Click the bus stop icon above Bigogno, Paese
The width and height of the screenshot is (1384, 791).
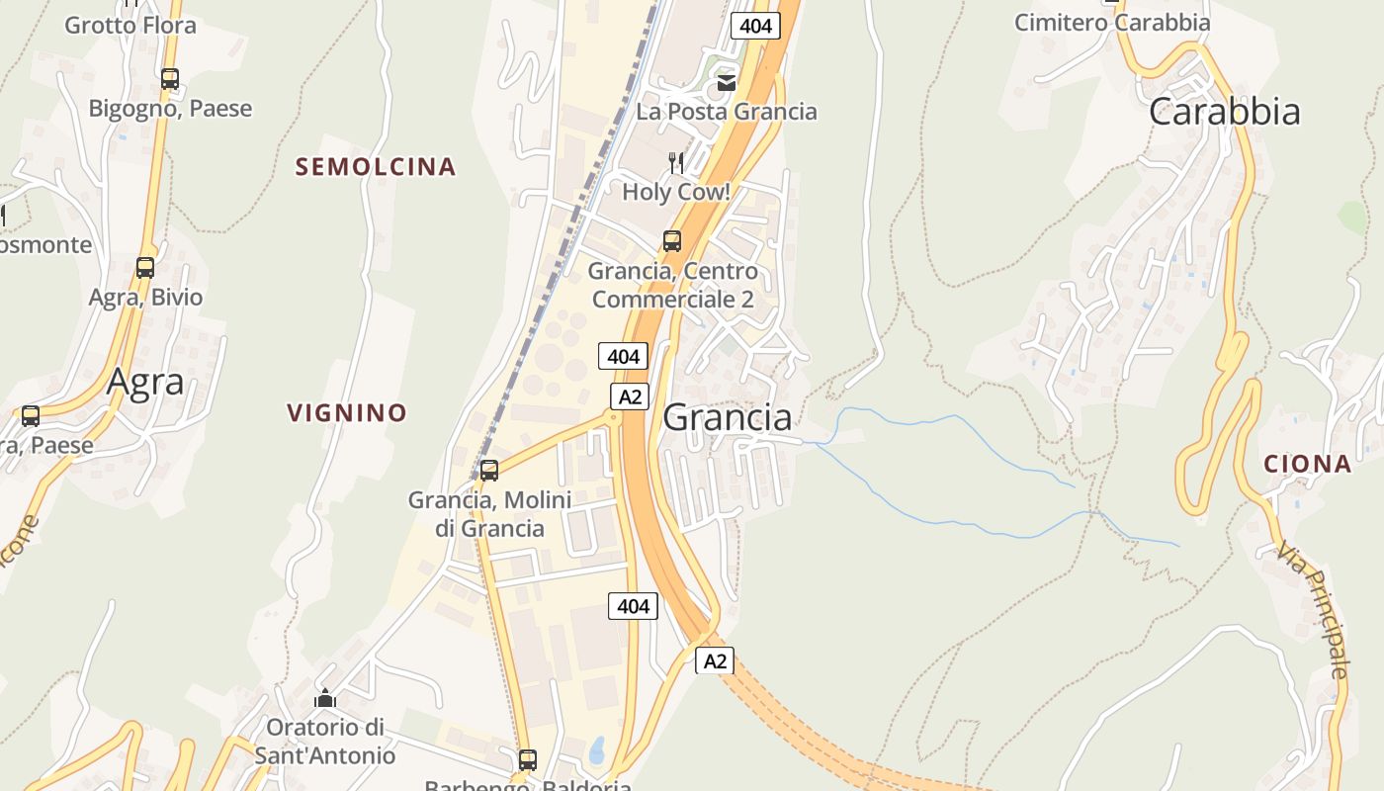click(170, 78)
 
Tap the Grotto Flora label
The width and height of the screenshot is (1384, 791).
click(130, 25)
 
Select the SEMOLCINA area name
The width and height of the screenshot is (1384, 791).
click(376, 167)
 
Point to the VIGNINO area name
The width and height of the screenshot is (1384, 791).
click(347, 412)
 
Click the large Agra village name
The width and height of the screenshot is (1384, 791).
click(145, 381)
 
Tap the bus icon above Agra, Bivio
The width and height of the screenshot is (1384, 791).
click(145, 267)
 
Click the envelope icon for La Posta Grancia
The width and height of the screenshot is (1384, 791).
click(727, 82)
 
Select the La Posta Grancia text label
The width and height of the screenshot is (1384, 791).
click(727, 111)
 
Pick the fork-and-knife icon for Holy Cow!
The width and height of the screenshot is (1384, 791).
click(676, 162)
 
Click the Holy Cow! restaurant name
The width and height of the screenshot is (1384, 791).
click(676, 192)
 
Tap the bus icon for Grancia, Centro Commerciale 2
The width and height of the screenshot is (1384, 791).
click(672, 240)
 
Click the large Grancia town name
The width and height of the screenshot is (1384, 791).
click(728, 417)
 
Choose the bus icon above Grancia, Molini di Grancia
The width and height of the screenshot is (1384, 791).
click(489, 470)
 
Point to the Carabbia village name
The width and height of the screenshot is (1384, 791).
click(1225, 112)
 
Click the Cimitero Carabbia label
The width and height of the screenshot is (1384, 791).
click(1112, 22)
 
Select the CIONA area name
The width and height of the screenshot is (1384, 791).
click(1307, 463)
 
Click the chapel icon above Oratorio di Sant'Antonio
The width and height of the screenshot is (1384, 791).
click(325, 698)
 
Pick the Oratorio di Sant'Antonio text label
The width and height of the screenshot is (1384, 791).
click(325, 742)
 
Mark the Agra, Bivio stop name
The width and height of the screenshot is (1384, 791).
click(145, 297)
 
